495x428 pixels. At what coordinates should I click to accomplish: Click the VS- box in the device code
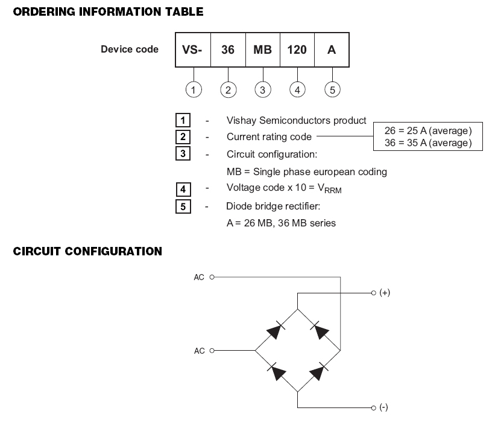(x=193, y=50)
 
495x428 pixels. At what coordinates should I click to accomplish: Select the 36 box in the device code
(x=228, y=50)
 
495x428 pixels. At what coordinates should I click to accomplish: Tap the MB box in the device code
(x=263, y=50)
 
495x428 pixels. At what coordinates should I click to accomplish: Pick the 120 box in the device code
(x=297, y=50)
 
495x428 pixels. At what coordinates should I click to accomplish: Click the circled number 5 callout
(x=332, y=90)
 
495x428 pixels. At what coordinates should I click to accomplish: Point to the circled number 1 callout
(x=194, y=90)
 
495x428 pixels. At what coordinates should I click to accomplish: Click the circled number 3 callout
(x=263, y=90)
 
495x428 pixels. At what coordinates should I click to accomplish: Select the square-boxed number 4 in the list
(x=183, y=190)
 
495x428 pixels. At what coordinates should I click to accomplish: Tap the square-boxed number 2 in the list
(x=183, y=137)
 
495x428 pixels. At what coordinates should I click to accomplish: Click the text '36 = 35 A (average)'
(x=428, y=143)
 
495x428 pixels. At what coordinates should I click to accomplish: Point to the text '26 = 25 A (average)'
(x=428, y=130)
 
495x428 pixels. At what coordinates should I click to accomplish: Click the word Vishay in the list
(x=242, y=121)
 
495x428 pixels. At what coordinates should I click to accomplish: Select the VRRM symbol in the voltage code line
(x=329, y=189)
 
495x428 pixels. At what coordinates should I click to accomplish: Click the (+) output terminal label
(x=385, y=292)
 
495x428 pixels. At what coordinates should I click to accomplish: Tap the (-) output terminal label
(x=383, y=407)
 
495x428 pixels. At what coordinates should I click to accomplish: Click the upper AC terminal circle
(x=212, y=277)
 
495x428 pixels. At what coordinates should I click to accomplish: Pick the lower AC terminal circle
(x=212, y=351)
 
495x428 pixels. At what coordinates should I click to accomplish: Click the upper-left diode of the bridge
(x=276, y=330)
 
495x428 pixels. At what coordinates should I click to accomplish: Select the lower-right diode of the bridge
(x=318, y=371)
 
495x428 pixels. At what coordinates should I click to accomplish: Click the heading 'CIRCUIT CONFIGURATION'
(x=87, y=251)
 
